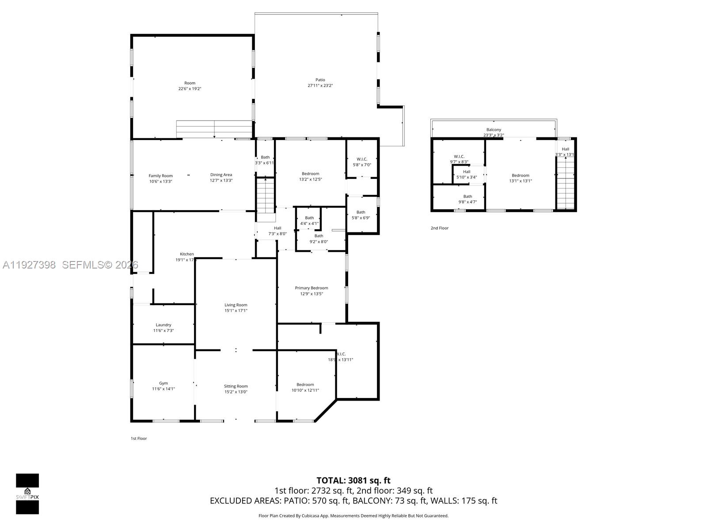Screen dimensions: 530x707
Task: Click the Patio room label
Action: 320,80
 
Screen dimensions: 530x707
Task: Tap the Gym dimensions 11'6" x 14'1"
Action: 163,389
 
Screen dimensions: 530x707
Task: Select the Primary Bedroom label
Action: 312,288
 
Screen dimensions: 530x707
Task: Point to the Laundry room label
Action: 163,325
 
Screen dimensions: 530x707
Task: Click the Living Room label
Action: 236,305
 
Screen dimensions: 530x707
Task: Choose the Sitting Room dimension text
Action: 236,392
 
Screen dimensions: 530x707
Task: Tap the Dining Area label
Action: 221,175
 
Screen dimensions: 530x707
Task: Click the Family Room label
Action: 160,176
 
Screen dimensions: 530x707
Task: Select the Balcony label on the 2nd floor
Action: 494,130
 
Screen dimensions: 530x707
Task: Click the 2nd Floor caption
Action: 439,228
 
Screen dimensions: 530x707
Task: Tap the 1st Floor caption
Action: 138,439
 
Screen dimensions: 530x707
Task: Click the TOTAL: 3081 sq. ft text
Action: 353,481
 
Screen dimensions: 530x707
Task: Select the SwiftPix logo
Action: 27,494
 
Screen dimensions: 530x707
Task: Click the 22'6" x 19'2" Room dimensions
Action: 190,89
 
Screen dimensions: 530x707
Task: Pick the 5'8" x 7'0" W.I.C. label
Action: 361,162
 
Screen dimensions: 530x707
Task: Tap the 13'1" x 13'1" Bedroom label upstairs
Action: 520,178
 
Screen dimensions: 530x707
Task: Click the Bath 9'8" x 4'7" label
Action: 468,199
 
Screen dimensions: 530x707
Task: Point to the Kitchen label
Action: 186,254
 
